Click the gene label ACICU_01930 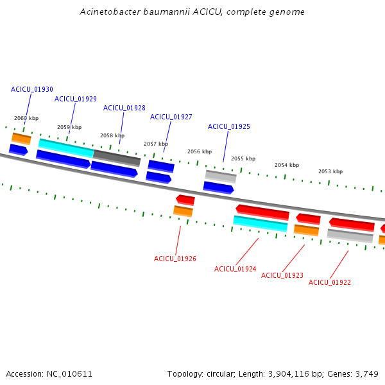(32, 89)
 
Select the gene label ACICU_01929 (76, 99)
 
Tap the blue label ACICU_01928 (124, 108)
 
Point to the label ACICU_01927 (171, 117)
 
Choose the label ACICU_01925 (229, 126)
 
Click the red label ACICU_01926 (175, 259)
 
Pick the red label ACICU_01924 (235, 269)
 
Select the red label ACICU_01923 (282, 275)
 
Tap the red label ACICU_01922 (330, 282)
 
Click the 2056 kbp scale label (200, 151)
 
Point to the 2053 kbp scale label (330, 171)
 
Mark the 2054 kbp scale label (287, 165)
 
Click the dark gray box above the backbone (117, 158)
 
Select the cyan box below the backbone (261, 223)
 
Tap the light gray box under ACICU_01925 (221, 176)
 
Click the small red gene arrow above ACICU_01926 (185, 200)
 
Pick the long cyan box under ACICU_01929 (66, 148)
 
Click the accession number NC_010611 (69, 374)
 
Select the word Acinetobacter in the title (110, 12)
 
